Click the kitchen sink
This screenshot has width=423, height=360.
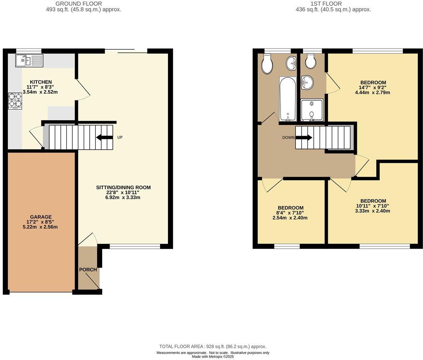(29, 60)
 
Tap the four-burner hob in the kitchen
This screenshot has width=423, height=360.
(15, 100)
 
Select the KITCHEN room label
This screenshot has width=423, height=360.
(41, 82)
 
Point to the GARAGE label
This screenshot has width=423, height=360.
(41, 217)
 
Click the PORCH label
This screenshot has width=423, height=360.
(88, 270)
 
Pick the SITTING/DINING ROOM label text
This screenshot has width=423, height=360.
(123, 187)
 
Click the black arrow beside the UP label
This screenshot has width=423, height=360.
(104, 137)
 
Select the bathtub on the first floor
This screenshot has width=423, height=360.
(288, 99)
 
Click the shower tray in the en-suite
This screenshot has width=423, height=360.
(312, 110)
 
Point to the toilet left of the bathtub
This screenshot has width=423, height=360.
(267, 64)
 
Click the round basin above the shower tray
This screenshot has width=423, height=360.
(307, 83)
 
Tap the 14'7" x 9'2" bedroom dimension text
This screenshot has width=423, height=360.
(373, 87)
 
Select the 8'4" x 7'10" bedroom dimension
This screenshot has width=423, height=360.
(290, 213)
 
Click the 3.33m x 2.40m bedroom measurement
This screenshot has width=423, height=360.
(373, 211)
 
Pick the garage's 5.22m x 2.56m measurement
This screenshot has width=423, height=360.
(40, 227)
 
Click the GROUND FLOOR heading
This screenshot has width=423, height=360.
(84, 4)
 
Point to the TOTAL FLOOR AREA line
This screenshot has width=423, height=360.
(213, 346)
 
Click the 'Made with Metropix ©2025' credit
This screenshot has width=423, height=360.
(213, 356)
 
